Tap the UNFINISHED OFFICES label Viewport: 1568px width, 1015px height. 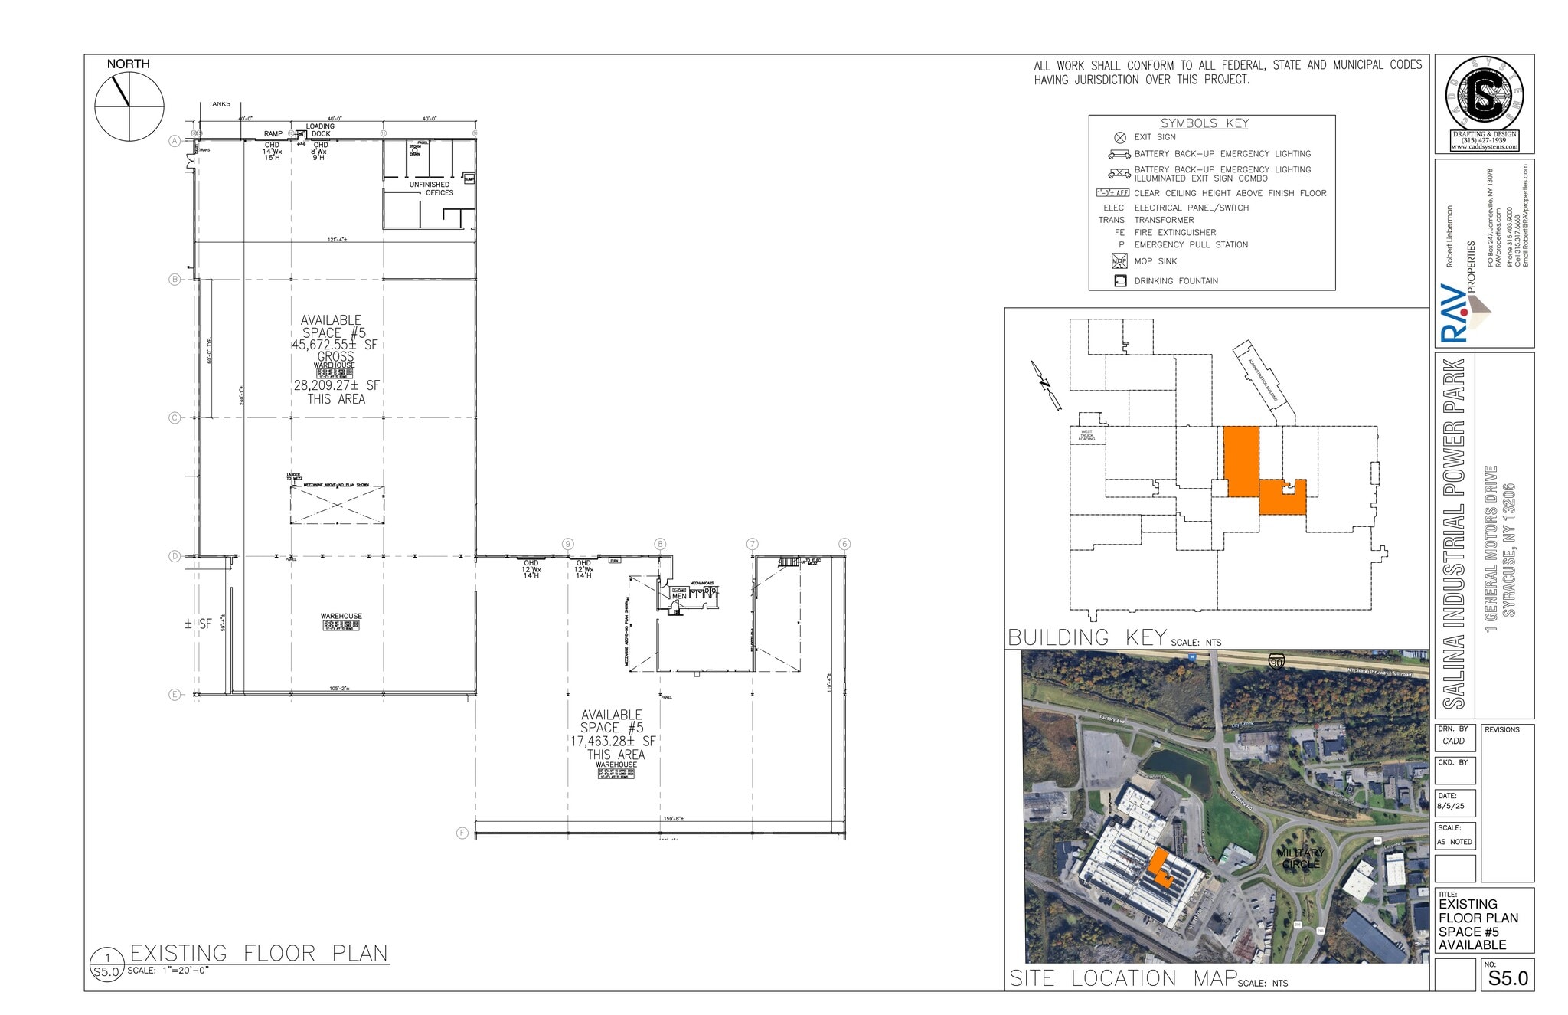tap(430, 188)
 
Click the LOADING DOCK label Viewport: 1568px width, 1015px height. tap(320, 130)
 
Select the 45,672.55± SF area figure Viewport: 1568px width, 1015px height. tap(334, 345)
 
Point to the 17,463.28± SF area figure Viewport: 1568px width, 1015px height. tap(612, 742)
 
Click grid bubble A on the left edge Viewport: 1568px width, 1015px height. tap(175, 141)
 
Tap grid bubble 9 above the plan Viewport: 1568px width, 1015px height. tap(567, 544)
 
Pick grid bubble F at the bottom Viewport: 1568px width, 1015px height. tap(462, 833)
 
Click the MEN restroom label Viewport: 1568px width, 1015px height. tap(679, 596)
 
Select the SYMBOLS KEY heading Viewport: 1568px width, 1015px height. tap(1204, 123)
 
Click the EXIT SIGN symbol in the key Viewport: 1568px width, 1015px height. tap(1120, 138)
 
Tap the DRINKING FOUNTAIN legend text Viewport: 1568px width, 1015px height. tap(1176, 281)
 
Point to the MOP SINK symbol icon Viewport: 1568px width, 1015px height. tap(1119, 261)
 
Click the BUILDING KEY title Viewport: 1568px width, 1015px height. tap(1087, 637)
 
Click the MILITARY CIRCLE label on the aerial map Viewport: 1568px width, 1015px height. tap(1301, 858)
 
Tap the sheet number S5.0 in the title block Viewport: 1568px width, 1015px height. tap(1508, 978)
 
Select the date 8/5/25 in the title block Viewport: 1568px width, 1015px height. tap(1450, 806)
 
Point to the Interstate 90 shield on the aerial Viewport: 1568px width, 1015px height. tap(1276, 661)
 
